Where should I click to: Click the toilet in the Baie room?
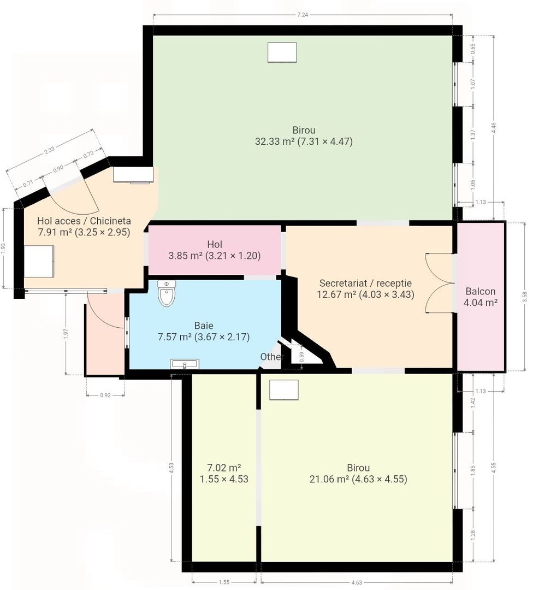167,293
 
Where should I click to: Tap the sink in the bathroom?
185,364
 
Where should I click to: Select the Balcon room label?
481,291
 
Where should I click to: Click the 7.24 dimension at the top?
303,15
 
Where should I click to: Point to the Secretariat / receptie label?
365,283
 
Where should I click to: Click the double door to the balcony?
439,283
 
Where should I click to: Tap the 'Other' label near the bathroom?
271,356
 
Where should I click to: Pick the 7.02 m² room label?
224,468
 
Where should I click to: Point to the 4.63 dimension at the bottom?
356,582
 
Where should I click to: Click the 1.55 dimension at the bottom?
224,582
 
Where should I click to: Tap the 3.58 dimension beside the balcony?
525,297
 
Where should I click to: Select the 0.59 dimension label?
301,357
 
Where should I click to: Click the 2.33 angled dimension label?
49,150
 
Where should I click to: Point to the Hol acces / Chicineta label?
84,221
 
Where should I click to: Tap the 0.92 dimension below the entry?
105,396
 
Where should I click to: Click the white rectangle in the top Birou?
282,52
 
